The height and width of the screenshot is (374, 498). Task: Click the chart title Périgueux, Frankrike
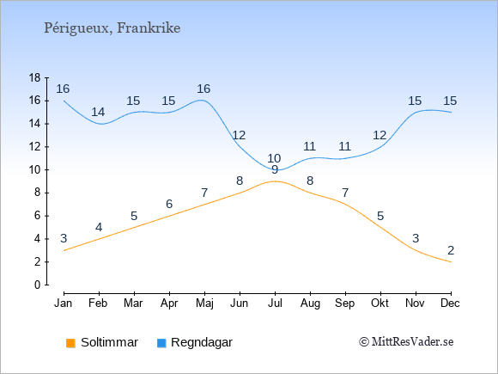pos(112,28)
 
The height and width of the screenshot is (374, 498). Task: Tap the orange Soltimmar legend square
pos(70,343)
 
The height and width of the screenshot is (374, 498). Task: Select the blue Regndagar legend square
pos(161,343)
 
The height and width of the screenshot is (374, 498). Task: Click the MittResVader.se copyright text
pos(406,342)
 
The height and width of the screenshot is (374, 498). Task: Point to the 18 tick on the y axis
pos(35,78)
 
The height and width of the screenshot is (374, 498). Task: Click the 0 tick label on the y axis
pos(38,285)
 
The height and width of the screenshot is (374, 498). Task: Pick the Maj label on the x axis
pos(204,303)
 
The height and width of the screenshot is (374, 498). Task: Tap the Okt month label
pos(380,303)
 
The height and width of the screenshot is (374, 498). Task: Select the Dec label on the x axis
pos(451,303)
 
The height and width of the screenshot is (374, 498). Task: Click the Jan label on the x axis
pos(64,303)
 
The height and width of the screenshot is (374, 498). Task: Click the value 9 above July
pos(275,170)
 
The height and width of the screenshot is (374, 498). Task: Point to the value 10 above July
pos(274,158)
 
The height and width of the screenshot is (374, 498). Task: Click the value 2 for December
pos(451,250)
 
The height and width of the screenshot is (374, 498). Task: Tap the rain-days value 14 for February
pos(98,112)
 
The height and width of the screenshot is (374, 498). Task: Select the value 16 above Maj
pos(203,89)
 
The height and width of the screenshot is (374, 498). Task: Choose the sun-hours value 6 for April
pos(169,204)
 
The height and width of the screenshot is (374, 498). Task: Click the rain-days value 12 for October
pos(380,136)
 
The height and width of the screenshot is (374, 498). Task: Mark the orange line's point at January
pos(64,250)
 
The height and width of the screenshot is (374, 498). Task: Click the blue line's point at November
pos(416,113)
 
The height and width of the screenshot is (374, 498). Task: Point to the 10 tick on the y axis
pos(35,170)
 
